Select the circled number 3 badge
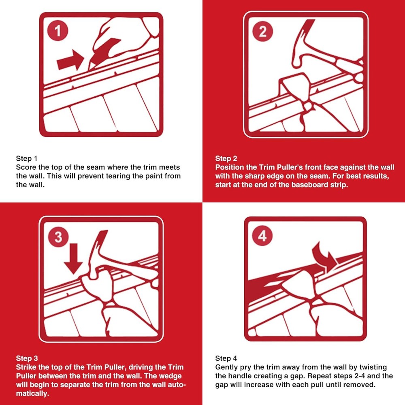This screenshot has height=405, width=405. (58, 237)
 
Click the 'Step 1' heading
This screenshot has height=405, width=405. (27, 158)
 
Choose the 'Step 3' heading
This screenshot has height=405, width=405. (27, 358)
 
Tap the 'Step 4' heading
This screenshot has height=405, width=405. (226, 358)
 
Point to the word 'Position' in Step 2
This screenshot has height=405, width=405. (230, 167)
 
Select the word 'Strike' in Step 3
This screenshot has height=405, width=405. (26, 367)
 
